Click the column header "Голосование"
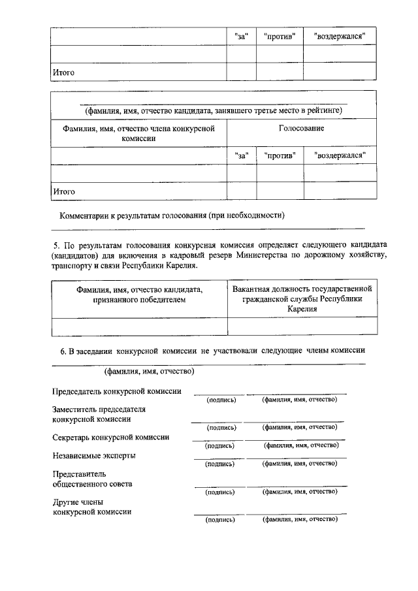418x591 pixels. (x=301, y=128)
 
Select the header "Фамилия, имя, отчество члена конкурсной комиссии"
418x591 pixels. (x=138, y=133)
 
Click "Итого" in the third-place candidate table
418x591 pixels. (x=63, y=191)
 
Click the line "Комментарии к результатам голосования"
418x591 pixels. (x=172, y=216)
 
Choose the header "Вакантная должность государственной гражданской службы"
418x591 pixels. (x=302, y=298)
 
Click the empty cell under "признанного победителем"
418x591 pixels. (x=138, y=326)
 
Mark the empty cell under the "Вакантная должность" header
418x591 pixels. (x=302, y=326)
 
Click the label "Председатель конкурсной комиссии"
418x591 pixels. (x=117, y=391)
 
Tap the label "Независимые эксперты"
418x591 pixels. (x=94, y=455)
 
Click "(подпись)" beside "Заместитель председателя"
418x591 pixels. (x=221, y=428)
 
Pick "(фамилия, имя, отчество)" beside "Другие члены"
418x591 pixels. (x=299, y=519)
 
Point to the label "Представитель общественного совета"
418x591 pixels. (x=92, y=479)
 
